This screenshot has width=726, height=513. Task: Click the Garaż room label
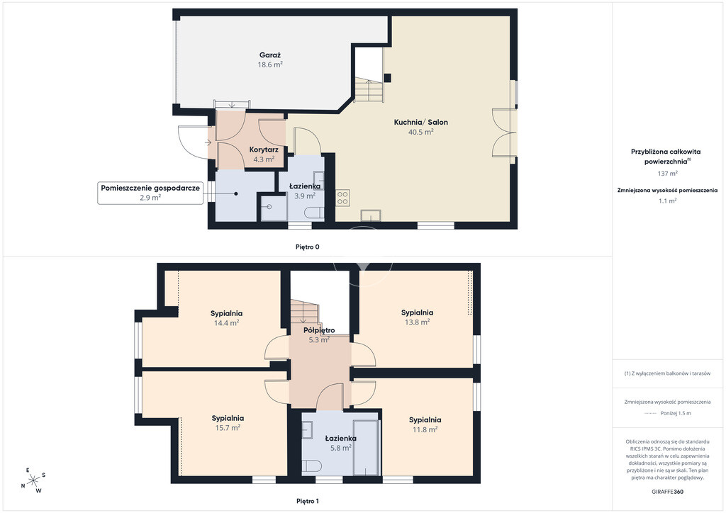click(x=270, y=55)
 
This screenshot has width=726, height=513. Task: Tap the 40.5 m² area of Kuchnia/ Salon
click(x=420, y=132)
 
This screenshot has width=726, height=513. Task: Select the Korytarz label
click(x=264, y=150)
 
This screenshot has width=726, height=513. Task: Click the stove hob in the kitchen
click(x=342, y=198)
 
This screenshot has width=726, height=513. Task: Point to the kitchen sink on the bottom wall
click(x=372, y=215)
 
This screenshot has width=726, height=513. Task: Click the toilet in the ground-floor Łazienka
click(x=314, y=213)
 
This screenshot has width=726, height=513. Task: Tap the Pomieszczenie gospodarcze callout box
click(x=150, y=193)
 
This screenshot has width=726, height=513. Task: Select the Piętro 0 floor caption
click(x=308, y=247)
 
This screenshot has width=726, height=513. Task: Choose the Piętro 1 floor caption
click(x=308, y=501)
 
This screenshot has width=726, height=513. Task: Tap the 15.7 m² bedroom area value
click(x=228, y=428)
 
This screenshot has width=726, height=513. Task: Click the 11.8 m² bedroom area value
click(x=425, y=429)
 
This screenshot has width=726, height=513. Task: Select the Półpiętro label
click(x=319, y=330)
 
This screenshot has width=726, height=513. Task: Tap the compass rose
click(x=33, y=481)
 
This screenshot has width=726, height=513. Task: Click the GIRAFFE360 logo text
click(x=667, y=492)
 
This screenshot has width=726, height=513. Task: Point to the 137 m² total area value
click(x=667, y=174)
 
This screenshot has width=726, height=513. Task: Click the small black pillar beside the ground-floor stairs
click(x=388, y=78)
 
